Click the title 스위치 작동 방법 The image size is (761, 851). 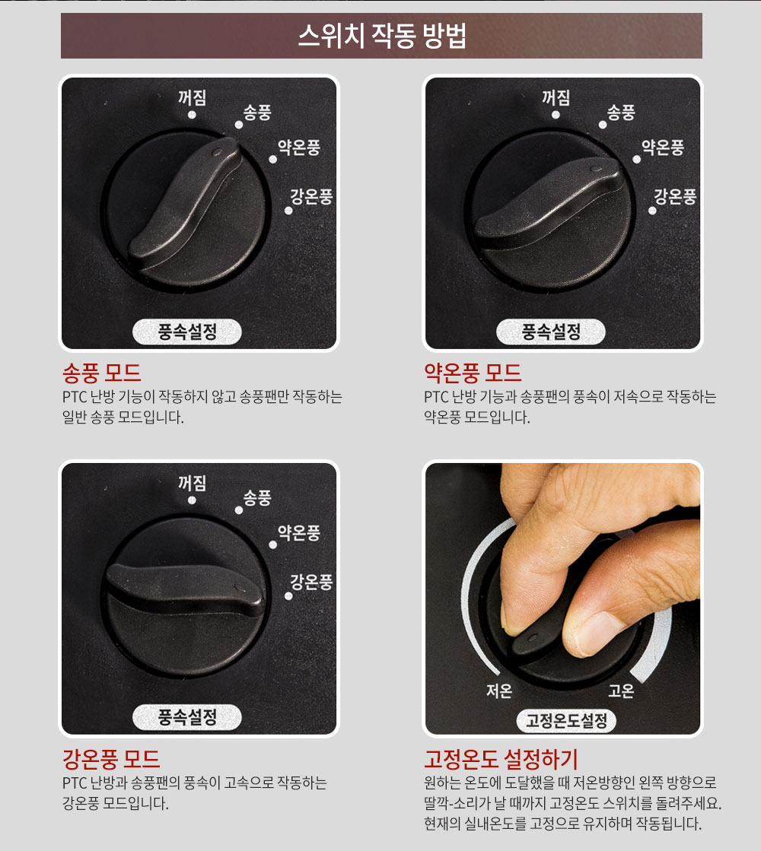(x=382, y=36)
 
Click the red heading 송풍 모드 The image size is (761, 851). (x=101, y=373)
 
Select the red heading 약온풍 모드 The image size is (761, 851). (x=473, y=373)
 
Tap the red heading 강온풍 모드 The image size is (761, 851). (x=111, y=759)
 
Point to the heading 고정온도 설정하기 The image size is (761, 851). (x=501, y=759)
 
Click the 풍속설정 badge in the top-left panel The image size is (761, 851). (x=187, y=332)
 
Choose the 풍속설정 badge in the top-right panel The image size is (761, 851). (x=551, y=332)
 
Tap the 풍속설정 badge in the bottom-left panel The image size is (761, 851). (x=187, y=717)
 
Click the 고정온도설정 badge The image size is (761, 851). (x=566, y=721)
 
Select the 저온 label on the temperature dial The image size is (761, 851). (x=499, y=691)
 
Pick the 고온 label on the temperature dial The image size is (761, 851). (x=621, y=691)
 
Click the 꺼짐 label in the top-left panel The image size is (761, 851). (x=193, y=97)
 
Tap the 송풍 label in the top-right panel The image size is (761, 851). (x=621, y=113)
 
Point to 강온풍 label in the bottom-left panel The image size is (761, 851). (x=311, y=582)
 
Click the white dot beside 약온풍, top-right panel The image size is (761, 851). (x=637, y=160)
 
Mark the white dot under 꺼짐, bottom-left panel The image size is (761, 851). (x=192, y=500)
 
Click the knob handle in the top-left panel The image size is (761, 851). (x=185, y=204)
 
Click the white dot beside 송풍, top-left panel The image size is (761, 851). (x=238, y=125)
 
